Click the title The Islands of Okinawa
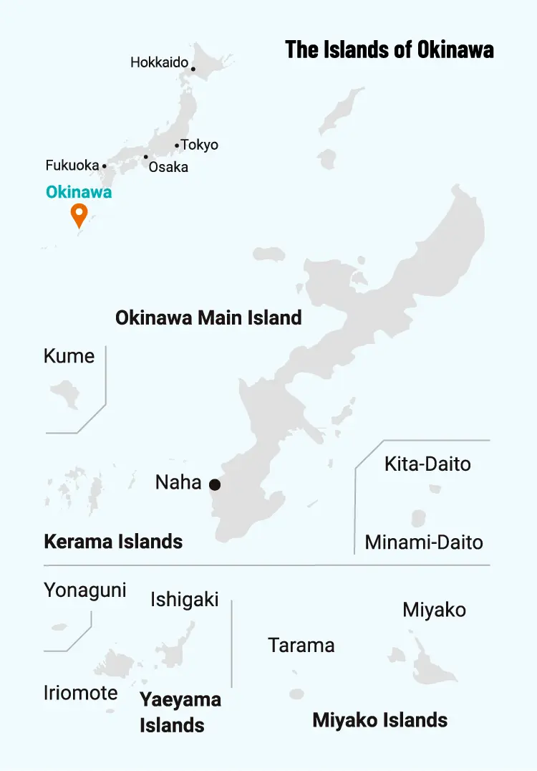point(390,49)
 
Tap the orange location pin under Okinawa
point(79,214)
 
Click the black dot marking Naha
point(215,485)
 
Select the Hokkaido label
point(159,63)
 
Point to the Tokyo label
point(199,145)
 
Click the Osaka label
point(168,167)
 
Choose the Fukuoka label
point(72,166)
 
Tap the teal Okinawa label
point(79,192)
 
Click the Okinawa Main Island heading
point(208,317)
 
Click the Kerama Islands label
point(113,541)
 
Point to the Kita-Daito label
point(427,464)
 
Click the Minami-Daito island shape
point(420,518)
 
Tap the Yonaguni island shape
point(59,626)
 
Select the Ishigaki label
point(185,599)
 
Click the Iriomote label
point(80,693)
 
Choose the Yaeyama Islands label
point(180,712)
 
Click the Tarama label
point(301,645)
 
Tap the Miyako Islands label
point(379,720)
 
